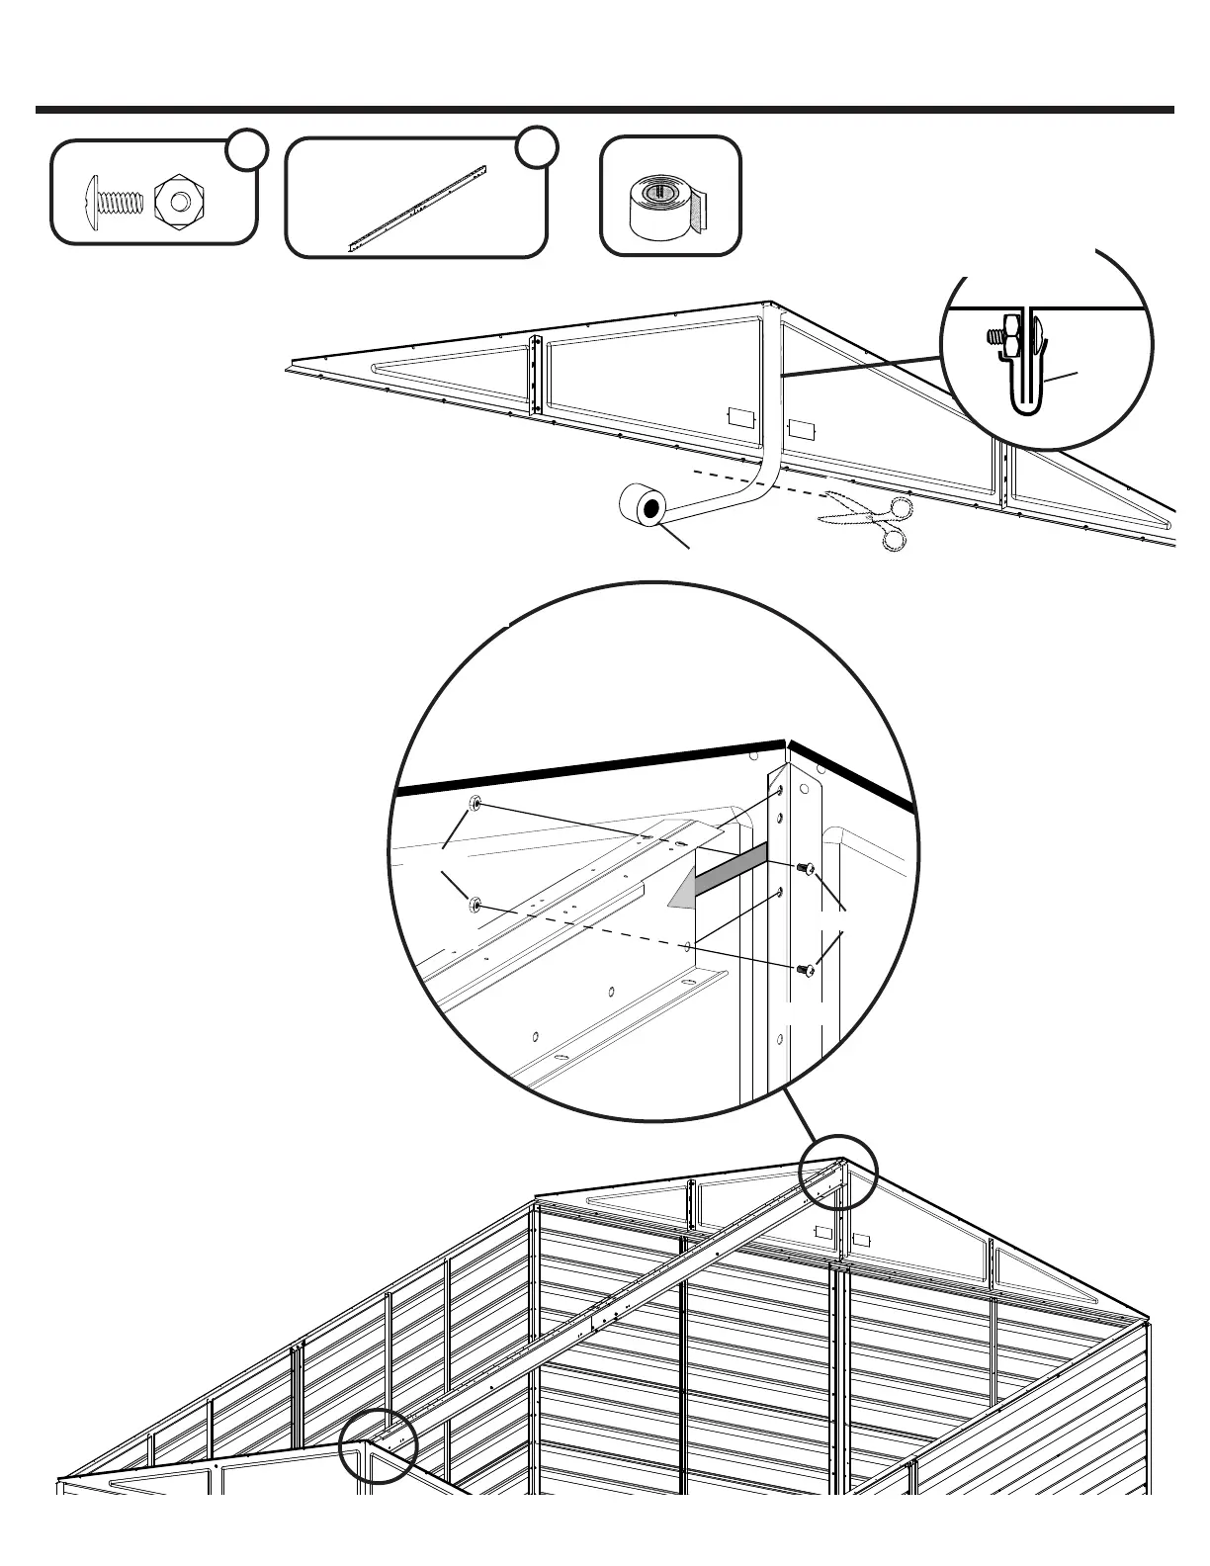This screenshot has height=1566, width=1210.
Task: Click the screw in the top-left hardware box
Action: tap(116, 201)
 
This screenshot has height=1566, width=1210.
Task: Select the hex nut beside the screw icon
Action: tap(179, 201)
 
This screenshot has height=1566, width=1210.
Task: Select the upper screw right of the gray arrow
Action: tap(805, 868)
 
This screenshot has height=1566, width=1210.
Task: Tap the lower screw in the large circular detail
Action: tap(806, 971)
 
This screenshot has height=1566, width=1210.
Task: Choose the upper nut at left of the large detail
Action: tap(475, 804)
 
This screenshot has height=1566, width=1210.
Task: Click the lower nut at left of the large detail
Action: tap(475, 903)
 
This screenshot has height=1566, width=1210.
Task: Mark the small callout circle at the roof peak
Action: tap(837, 1172)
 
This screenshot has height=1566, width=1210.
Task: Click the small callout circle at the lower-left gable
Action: tap(378, 1445)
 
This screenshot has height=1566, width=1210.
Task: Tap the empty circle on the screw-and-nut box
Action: tap(246, 148)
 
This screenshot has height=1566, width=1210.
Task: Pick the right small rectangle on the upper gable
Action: tap(801, 431)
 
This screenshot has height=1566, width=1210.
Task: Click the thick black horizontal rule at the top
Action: tap(605, 110)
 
